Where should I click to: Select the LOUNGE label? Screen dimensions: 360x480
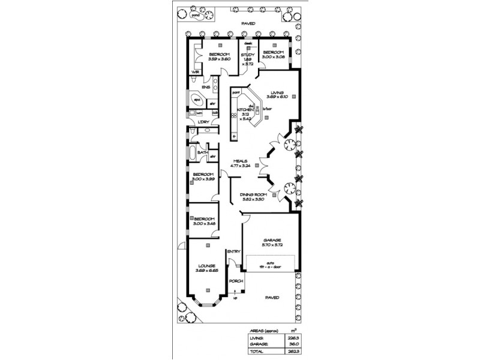pos(206,265)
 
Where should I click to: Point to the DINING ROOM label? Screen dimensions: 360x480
pos(253,194)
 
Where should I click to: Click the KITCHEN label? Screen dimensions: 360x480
pos(244,110)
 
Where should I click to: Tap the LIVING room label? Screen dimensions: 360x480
pos(277,92)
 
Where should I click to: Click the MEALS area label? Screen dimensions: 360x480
pos(241,161)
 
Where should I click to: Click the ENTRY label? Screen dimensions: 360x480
pos(233,251)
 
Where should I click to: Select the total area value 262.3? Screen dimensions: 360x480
pos(293,353)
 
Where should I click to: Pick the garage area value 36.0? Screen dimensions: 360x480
pos(293,346)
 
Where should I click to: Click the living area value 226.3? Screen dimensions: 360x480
pos(293,338)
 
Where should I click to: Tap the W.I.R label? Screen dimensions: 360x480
pos(195,72)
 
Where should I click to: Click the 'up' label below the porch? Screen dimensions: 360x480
pos(235,298)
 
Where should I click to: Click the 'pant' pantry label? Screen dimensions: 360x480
pos(236,92)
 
